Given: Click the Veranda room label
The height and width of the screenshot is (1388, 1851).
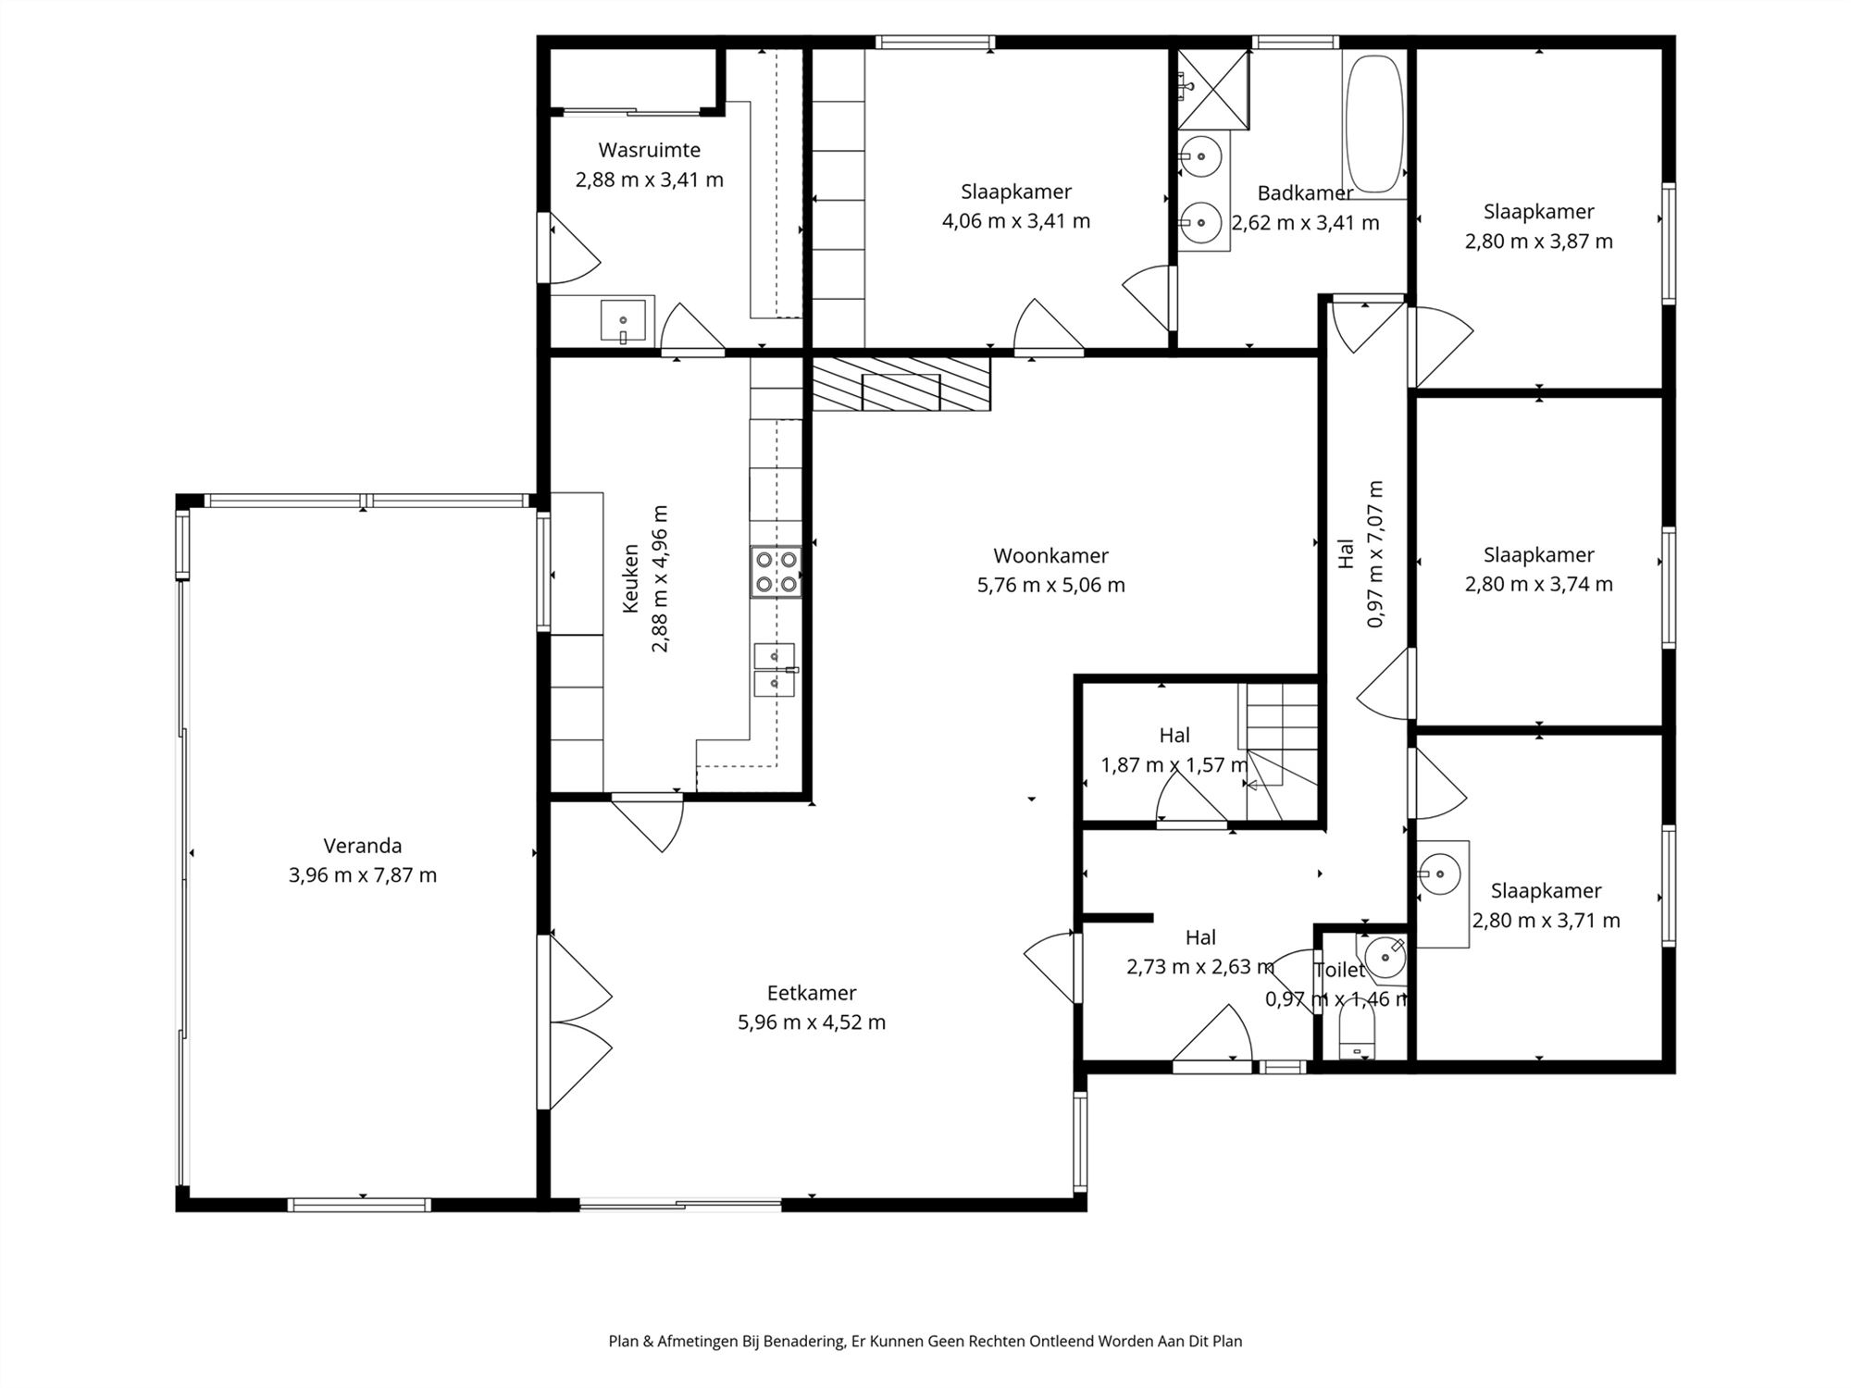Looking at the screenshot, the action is pos(363,845).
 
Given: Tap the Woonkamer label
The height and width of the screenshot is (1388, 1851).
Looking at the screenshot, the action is pos(1050,555).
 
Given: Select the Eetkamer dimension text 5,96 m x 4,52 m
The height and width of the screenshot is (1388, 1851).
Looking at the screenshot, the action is pos(812,1022).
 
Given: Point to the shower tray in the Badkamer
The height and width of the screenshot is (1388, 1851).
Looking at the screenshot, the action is pos(1213,90).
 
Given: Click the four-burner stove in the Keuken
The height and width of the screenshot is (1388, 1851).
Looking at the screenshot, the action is pos(776,571).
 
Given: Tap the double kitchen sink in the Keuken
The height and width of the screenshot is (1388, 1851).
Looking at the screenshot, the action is pos(775,669).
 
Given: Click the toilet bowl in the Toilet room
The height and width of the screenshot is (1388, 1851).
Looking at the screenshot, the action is pos(1358,1033).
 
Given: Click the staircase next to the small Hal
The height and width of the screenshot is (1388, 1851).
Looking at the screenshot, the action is pos(1279,751).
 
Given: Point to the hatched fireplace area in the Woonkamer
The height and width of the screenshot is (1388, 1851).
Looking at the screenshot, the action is pos(901,384).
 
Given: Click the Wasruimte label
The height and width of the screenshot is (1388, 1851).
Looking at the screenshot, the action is pos(649,150).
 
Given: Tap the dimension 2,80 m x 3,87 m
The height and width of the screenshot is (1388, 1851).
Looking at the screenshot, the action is pos(1538,242).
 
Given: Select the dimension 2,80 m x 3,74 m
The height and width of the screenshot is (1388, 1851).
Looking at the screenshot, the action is pos(1538,585).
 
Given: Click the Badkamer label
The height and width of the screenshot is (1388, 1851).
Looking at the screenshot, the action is pos(1305,193).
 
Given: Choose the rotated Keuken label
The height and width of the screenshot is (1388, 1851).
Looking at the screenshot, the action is pos(630,578).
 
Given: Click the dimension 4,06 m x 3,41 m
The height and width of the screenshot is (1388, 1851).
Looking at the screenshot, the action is pos(1016,221).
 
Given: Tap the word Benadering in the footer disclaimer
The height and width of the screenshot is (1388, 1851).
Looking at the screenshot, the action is pos(803,1341).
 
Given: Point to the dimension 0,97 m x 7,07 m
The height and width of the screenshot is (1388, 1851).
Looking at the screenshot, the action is pos(1374,554).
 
